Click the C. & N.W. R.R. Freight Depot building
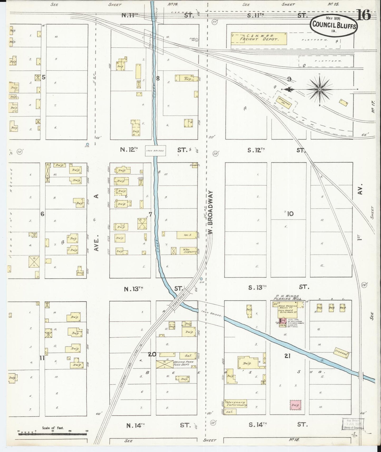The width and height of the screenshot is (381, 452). tap(259, 39)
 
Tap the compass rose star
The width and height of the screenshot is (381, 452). tap(320, 90)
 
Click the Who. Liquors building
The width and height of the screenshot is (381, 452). tap(188, 251)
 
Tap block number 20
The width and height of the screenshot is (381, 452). tap(152, 354)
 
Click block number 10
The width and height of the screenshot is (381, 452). tap(290, 214)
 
